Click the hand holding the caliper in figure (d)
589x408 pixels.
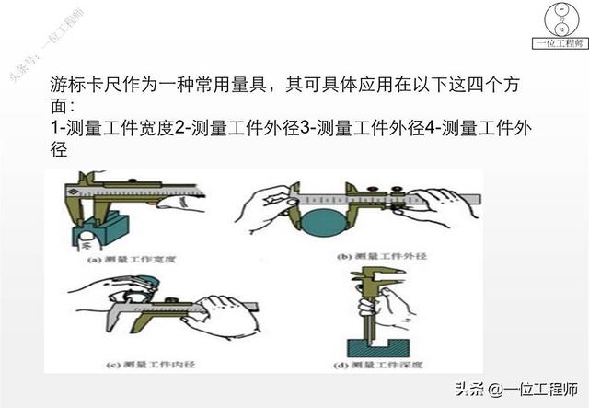click(390, 304)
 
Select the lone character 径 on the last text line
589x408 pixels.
click(60, 151)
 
